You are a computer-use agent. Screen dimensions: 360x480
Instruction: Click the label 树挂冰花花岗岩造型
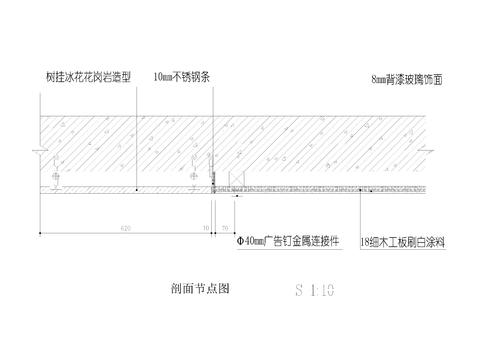click(x=88, y=76)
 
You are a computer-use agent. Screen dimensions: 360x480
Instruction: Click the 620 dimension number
click(x=125, y=229)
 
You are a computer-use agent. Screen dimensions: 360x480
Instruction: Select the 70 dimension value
click(x=224, y=229)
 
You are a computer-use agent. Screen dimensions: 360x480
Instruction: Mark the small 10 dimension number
click(x=206, y=229)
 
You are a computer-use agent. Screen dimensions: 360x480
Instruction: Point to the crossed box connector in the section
click(x=236, y=181)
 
